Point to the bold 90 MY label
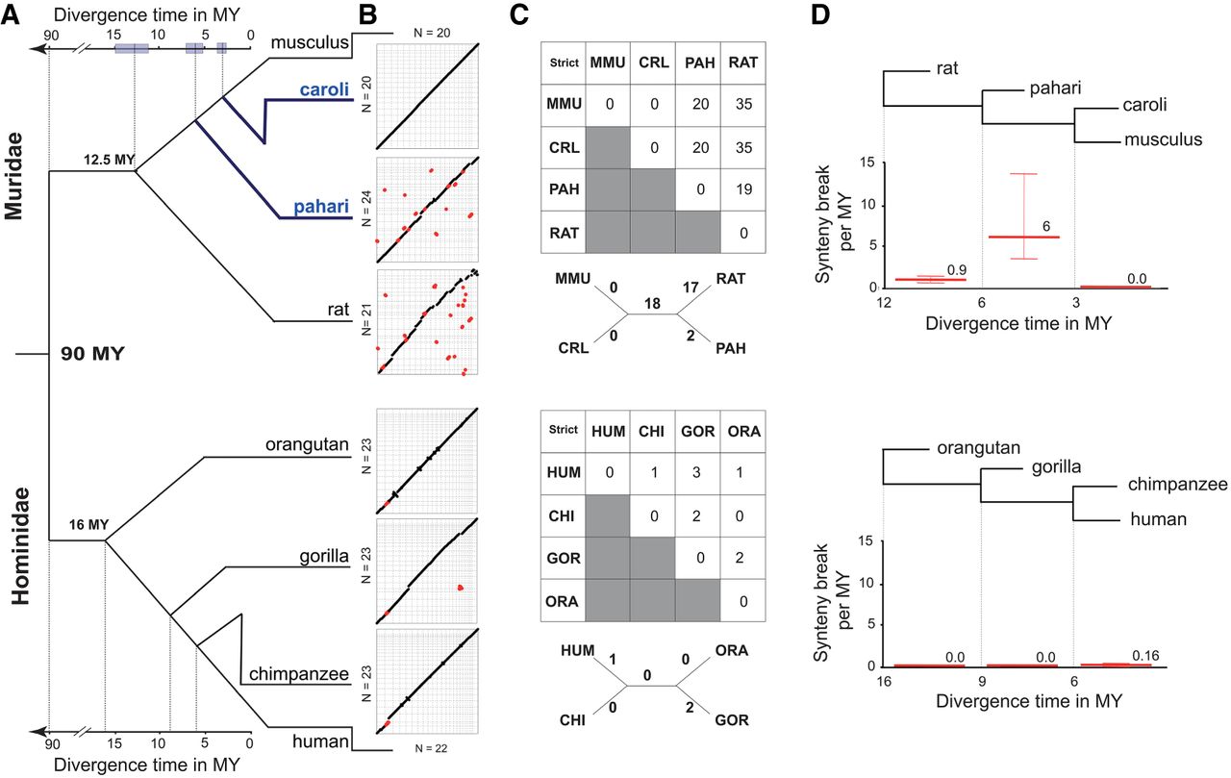pyautogui.click(x=94, y=353)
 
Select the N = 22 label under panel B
pyautogui.click(x=421, y=746)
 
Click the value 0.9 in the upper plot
pyautogui.click(x=956, y=269)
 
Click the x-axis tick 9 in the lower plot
pyautogui.click(x=982, y=681)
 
